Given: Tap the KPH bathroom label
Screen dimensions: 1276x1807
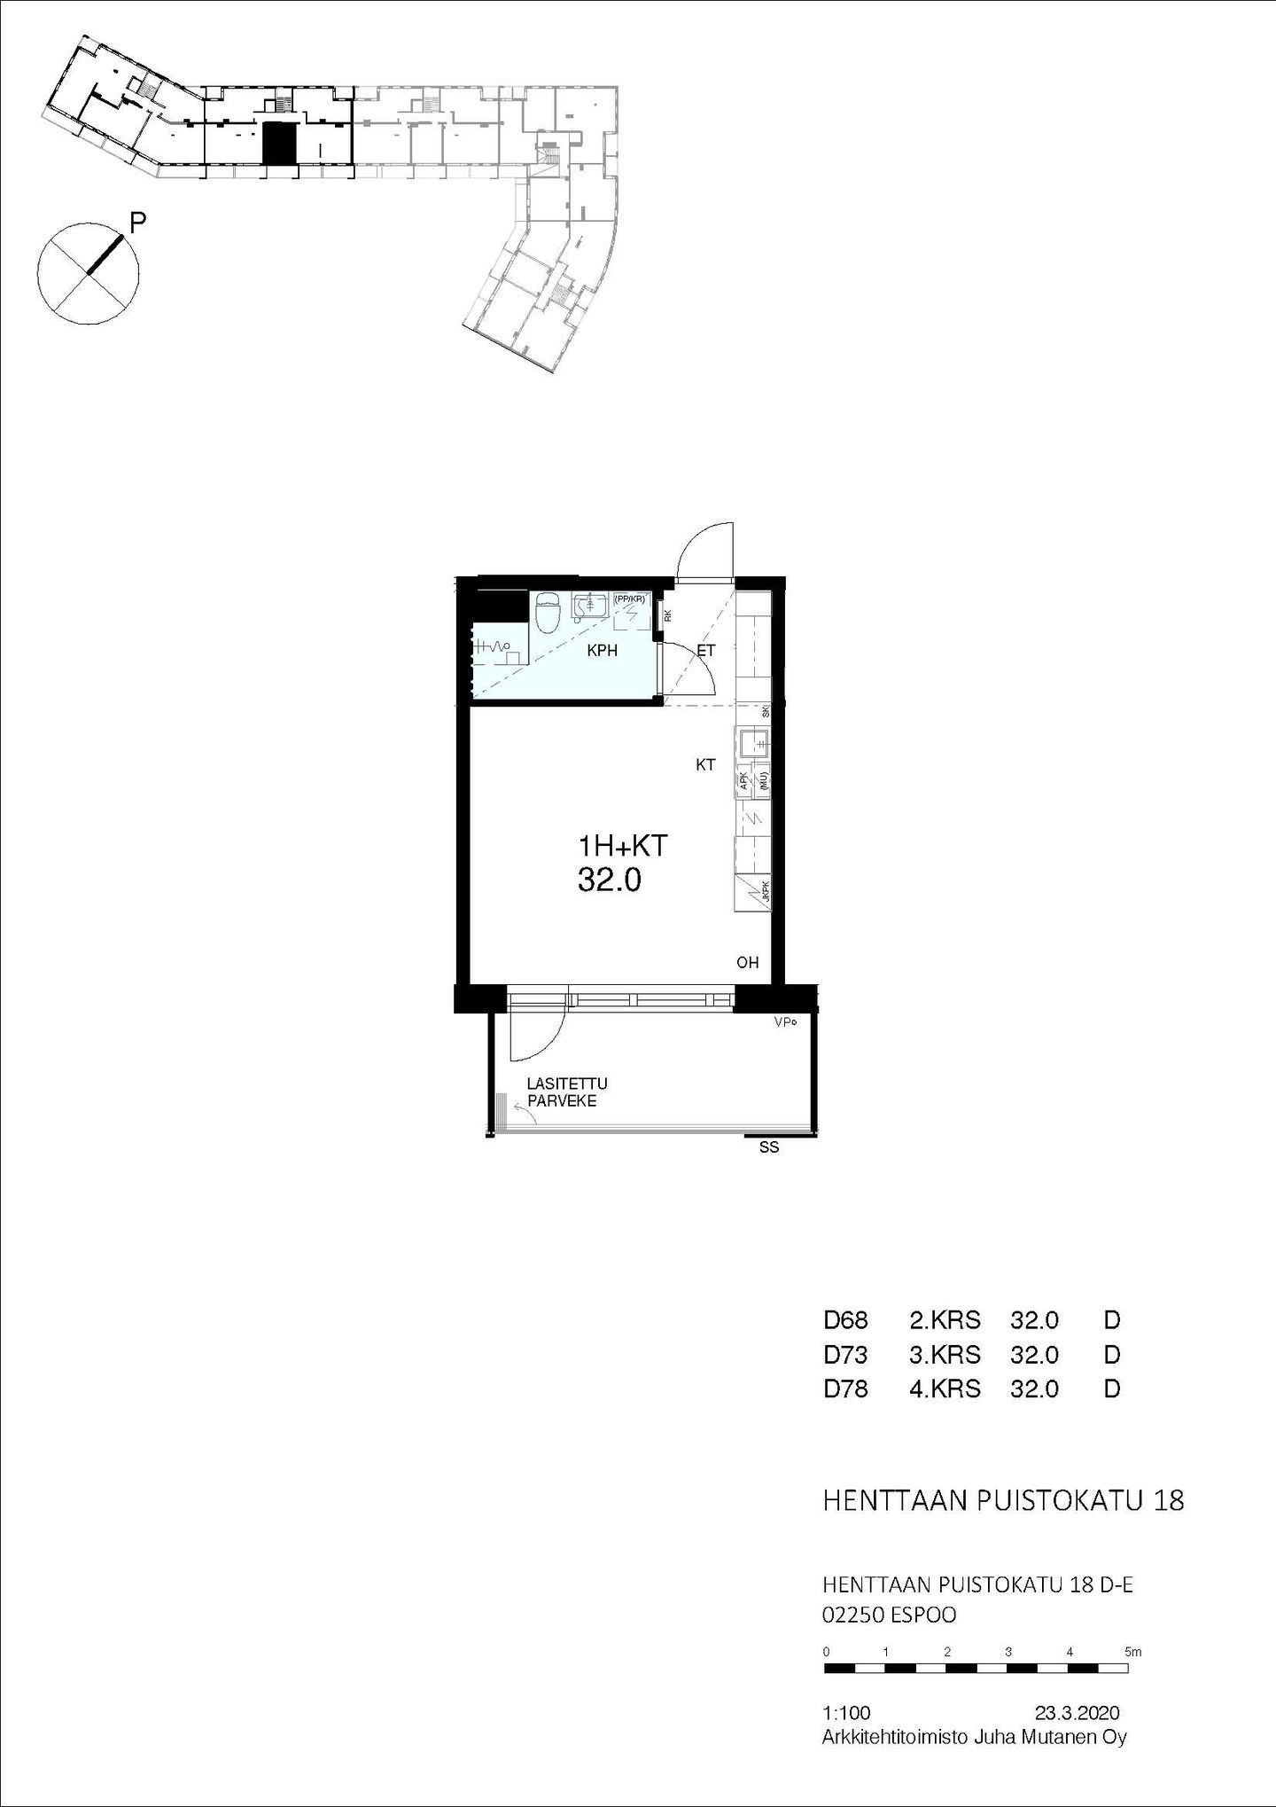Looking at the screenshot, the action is pyautogui.click(x=603, y=651).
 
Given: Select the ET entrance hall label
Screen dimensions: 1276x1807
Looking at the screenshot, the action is pyautogui.click(x=706, y=651).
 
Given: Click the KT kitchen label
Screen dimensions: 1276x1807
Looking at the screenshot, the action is pyautogui.click(x=705, y=764).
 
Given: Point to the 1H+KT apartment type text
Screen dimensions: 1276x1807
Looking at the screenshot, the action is pyautogui.click(x=621, y=845).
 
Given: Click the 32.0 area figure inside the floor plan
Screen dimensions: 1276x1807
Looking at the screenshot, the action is pyautogui.click(x=609, y=880).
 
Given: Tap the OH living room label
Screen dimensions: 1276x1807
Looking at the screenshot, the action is pyautogui.click(x=748, y=963).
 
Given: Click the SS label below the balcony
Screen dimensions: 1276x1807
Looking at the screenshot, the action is pyautogui.click(x=769, y=1148).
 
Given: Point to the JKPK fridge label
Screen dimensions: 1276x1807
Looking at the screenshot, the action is pyautogui.click(x=766, y=894).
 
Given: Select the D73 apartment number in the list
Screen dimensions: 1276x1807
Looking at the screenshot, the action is pyautogui.click(x=845, y=1355).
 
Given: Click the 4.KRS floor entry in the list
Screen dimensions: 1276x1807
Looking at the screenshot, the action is pyautogui.click(x=945, y=1388).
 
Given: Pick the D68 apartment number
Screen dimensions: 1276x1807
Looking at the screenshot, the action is pyautogui.click(x=845, y=1320).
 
